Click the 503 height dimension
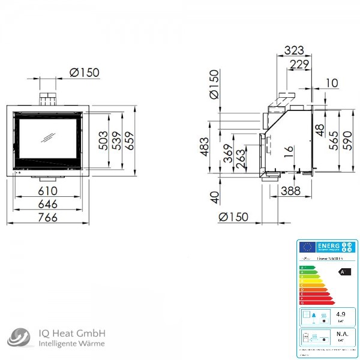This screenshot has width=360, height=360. [103, 140]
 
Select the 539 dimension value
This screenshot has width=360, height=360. [118, 140]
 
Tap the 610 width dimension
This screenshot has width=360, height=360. [47, 191]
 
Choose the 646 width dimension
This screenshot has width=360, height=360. [47, 204]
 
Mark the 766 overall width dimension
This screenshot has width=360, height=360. [47, 217]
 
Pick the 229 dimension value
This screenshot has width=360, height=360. [298, 64]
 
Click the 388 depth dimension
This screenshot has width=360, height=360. [291, 191]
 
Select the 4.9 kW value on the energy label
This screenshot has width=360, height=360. [341, 314]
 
